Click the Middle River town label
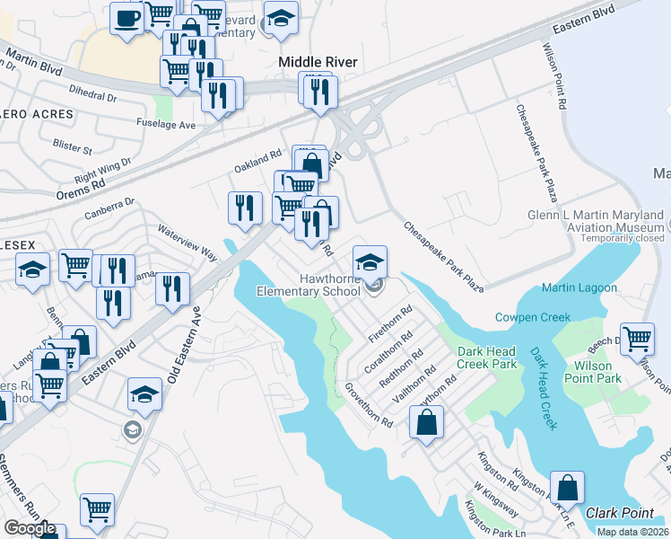click(x=318, y=62)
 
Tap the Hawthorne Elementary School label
click(x=308, y=285)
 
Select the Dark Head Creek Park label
click(x=487, y=358)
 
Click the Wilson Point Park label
click(x=595, y=372)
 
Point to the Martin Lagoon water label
click(x=579, y=287)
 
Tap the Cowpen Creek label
click(x=533, y=317)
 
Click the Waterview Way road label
click(x=187, y=242)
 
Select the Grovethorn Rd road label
click(x=369, y=405)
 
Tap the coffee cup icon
click(x=126, y=18)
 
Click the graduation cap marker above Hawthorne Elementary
click(x=370, y=262)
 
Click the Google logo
click(x=30, y=528)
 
